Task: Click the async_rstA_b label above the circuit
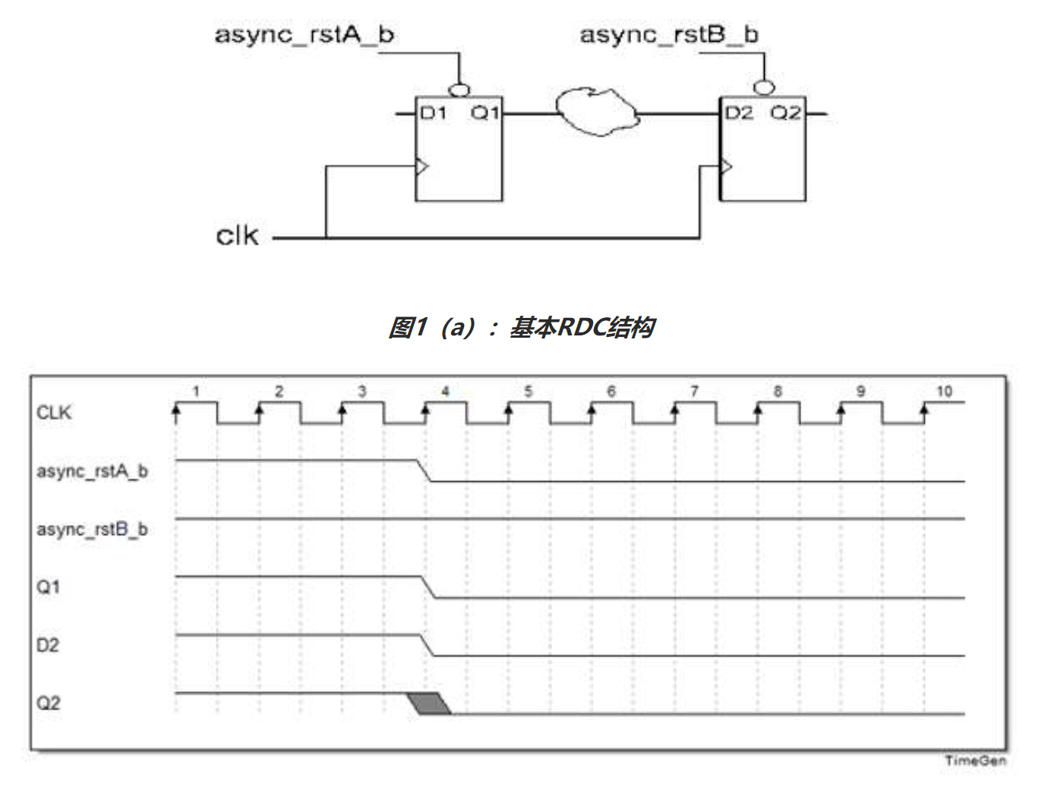tap(304, 34)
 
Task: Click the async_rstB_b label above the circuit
tap(668, 34)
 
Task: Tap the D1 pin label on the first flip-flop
tap(434, 113)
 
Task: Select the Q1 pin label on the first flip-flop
tap(484, 113)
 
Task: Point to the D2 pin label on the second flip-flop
tap(738, 113)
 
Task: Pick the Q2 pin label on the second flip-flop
tap(786, 113)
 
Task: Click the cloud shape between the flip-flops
tap(597, 112)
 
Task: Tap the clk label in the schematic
tap(237, 235)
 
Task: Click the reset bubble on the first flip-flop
tap(459, 90)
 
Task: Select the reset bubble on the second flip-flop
tap(763, 88)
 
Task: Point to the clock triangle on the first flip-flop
tap(422, 165)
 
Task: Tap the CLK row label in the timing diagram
tap(54, 413)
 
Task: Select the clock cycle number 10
tap(943, 392)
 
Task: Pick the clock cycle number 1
tap(195, 392)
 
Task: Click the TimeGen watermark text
tap(975, 760)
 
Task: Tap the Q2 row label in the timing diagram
tap(49, 703)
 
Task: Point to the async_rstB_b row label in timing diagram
tap(92, 529)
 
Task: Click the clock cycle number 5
tap(528, 392)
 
